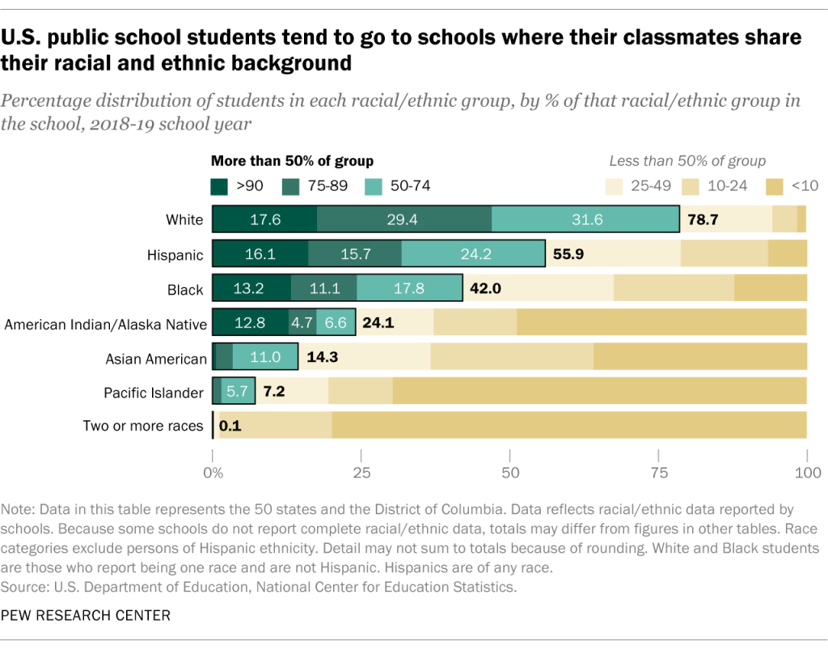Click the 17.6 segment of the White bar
click(264, 219)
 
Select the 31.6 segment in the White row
click(585, 219)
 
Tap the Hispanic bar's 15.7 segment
click(354, 254)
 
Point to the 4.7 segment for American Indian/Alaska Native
click(302, 323)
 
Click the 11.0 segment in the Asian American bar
click(265, 357)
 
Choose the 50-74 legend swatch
click(376, 186)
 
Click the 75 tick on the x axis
click(658, 473)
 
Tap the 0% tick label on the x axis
click(213, 473)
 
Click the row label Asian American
click(154, 359)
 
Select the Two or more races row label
click(143, 426)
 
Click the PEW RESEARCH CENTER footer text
click(87, 616)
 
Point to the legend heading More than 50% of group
click(292, 161)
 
